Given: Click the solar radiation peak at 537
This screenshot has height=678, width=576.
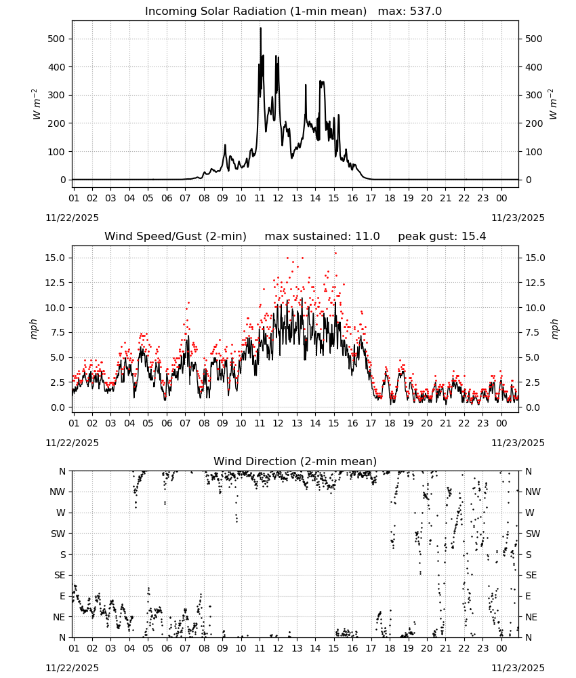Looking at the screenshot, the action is [x=261, y=28].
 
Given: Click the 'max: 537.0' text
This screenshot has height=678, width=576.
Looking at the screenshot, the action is [x=410, y=11].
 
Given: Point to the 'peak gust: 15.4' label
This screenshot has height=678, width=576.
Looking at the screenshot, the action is [x=442, y=236].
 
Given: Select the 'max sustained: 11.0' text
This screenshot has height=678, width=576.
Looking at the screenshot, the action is [x=323, y=236].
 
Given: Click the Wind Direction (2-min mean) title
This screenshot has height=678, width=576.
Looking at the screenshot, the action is [x=295, y=461].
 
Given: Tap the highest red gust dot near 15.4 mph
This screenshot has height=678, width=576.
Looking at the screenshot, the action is [x=335, y=254].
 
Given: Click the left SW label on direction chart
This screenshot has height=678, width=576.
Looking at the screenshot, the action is [x=58, y=534].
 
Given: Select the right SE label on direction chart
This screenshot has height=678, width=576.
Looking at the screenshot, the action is [x=531, y=575].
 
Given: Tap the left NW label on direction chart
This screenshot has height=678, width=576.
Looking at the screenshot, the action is [x=58, y=492].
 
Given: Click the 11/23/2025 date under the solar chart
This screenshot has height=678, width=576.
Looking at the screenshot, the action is [x=518, y=218].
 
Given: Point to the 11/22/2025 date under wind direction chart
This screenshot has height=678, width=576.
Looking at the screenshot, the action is [x=72, y=668].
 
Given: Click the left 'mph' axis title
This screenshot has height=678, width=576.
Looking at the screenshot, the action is [x=34, y=329].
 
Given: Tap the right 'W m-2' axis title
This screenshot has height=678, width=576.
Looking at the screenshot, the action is [x=554, y=104].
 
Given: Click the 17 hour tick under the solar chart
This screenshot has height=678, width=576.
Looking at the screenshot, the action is [x=371, y=198].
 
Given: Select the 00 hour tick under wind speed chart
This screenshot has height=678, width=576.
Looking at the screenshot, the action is [x=501, y=423].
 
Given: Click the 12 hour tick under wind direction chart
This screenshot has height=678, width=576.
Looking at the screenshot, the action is [x=278, y=649].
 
